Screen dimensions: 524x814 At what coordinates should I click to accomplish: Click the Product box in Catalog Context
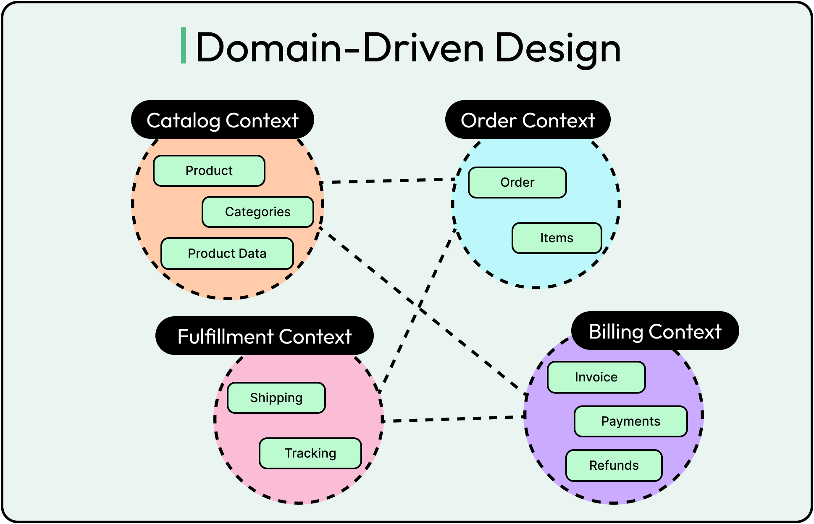click(x=209, y=171)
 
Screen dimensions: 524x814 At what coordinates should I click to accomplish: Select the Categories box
click(x=257, y=212)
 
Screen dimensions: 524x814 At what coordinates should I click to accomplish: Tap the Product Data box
click(x=227, y=254)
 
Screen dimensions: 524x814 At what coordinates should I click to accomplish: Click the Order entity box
click(x=517, y=183)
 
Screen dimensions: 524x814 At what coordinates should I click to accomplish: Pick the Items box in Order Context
click(x=557, y=238)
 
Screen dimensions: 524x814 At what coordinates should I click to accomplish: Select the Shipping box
click(x=276, y=398)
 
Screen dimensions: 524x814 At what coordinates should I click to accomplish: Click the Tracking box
click(x=310, y=453)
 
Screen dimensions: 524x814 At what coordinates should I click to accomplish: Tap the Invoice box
click(x=596, y=377)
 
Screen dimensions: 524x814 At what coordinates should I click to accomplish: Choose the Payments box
click(x=630, y=421)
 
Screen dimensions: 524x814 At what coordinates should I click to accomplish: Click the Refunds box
click(x=614, y=466)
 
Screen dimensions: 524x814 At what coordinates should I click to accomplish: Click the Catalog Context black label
click(x=222, y=120)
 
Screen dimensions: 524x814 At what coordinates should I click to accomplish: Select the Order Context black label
click(x=528, y=120)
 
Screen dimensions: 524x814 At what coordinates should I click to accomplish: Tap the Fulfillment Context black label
click(x=264, y=336)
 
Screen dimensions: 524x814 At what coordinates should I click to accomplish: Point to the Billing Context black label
click(x=655, y=331)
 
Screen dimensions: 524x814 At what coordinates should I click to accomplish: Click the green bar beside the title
click(x=184, y=46)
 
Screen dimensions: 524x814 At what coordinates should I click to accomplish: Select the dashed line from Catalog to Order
click(x=389, y=181)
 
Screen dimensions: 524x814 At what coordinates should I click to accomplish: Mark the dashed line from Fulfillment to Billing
click(x=454, y=418)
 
